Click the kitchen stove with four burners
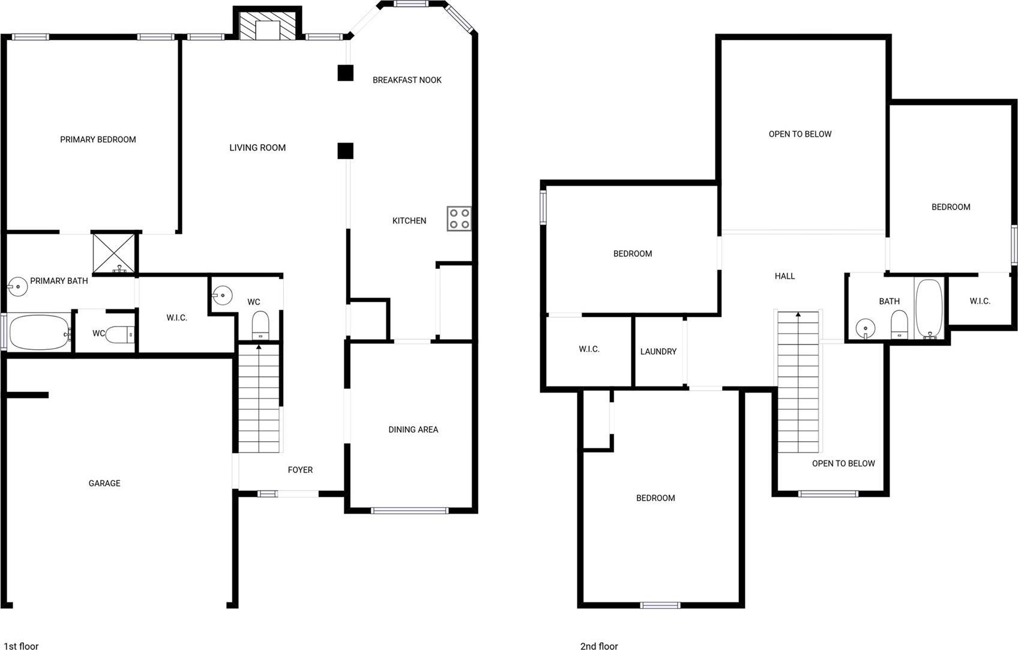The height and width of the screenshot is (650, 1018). click(x=459, y=218)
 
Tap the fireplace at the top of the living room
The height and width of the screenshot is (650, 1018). click(x=267, y=25)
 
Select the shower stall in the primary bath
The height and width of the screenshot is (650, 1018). click(x=113, y=254)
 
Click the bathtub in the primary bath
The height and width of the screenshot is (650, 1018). click(x=40, y=333)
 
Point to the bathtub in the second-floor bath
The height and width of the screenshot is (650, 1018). click(x=929, y=309)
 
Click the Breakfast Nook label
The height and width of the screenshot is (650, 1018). click(x=407, y=80)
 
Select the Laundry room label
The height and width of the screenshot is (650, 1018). click(x=658, y=351)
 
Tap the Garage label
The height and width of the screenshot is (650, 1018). click(x=104, y=483)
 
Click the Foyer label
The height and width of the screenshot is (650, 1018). click(x=300, y=469)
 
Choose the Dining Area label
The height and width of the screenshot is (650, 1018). click(x=413, y=430)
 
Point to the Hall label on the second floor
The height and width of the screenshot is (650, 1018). click(x=785, y=276)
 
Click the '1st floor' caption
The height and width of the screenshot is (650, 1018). click(x=21, y=646)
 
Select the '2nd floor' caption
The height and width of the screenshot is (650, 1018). click(x=599, y=646)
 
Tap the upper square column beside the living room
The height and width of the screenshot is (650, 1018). click(x=345, y=73)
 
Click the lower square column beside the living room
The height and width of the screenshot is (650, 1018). click(x=345, y=151)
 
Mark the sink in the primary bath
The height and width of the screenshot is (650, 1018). click(x=17, y=287)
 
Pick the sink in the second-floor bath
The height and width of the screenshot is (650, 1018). click(x=866, y=328)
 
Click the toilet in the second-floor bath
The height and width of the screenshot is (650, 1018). click(x=899, y=324)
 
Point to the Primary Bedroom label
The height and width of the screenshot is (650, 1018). click(x=98, y=140)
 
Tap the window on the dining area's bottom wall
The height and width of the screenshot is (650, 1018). click(x=409, y=510)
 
